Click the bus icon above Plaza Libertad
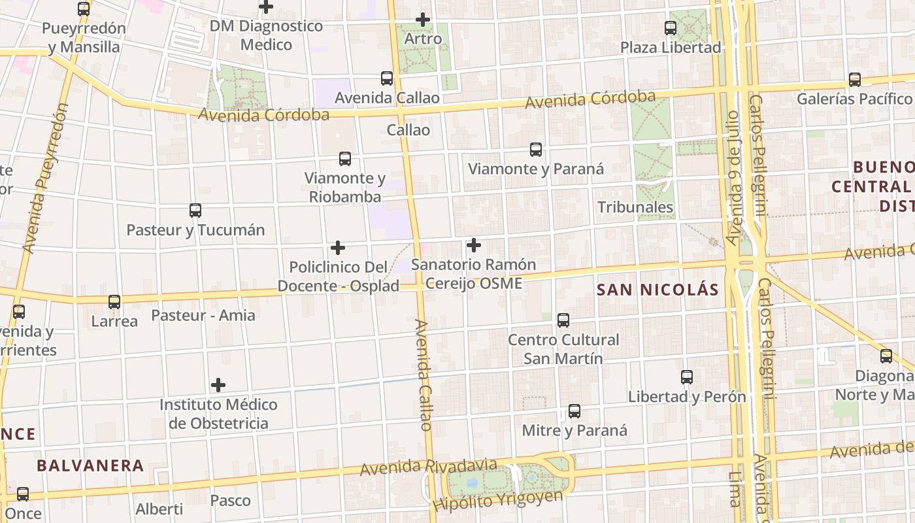(671, 28)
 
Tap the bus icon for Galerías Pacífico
(855, 80)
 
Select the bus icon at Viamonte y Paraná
(536, 150)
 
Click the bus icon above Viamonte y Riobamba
(345, 159)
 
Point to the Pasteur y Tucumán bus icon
(195, 211)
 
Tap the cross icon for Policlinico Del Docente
(338, 248)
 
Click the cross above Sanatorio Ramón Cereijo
(474, 246)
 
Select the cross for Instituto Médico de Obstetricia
(218, 385)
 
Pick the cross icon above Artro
(423, 20)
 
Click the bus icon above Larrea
(114, 302)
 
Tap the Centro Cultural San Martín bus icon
(563, 320)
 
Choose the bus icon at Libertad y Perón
(687, 377)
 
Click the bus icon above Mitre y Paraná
(574, 411)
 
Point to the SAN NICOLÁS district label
(657, 290)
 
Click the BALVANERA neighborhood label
(90, 465)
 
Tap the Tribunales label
(635, 207)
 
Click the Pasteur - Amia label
(203, 315)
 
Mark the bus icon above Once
(23, 494)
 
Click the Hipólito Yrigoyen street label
(497, 501)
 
